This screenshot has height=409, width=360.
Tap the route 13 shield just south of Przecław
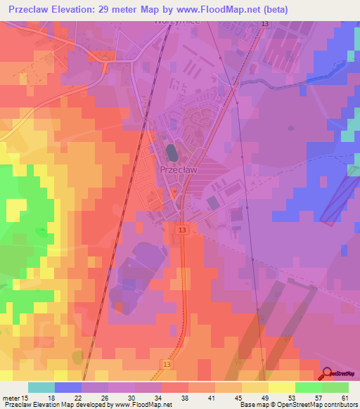click(x=182, y=231)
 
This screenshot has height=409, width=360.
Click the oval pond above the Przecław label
click(x=172, y=151)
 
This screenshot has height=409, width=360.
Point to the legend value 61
click(x=343, y=398)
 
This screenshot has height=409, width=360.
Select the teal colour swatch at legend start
click(x=41, y=387)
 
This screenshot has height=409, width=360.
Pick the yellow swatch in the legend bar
click(x=282, y=387)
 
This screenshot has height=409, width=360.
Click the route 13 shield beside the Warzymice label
click(x=264, y=24)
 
